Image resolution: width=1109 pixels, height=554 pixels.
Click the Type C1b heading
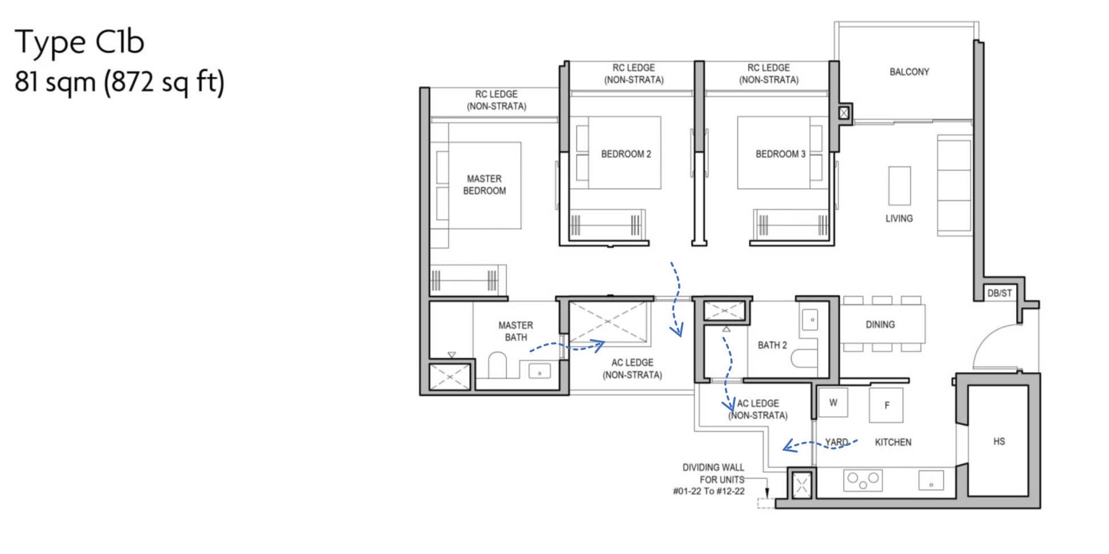[79, 42]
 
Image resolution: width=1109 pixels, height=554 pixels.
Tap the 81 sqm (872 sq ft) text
[119, 82]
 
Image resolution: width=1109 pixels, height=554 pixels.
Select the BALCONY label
[909, 72]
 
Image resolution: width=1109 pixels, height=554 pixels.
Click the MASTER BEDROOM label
[484, 185]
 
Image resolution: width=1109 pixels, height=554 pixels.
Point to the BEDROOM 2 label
[626, 154]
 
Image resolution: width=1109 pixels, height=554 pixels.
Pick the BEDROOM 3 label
[780, 154]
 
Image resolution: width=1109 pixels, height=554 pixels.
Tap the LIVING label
[899, 218]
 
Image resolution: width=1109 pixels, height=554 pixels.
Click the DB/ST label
[999, 293]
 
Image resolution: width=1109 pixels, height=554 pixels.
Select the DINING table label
[880, 324]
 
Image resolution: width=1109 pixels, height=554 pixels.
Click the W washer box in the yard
[833, 402]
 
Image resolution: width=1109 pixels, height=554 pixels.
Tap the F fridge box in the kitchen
[886, 405]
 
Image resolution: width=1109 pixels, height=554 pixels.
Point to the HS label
[998, 441]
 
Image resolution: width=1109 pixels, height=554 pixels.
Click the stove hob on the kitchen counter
[863, 480]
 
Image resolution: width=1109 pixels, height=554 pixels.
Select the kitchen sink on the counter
[931, 480]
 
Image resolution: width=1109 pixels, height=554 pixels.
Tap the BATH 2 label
[772, 345]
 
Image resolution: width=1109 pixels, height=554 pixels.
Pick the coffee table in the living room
[899, 186]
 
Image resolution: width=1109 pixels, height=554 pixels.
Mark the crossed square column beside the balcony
[844, 113]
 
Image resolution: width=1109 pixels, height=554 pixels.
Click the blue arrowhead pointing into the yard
[788, 446]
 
